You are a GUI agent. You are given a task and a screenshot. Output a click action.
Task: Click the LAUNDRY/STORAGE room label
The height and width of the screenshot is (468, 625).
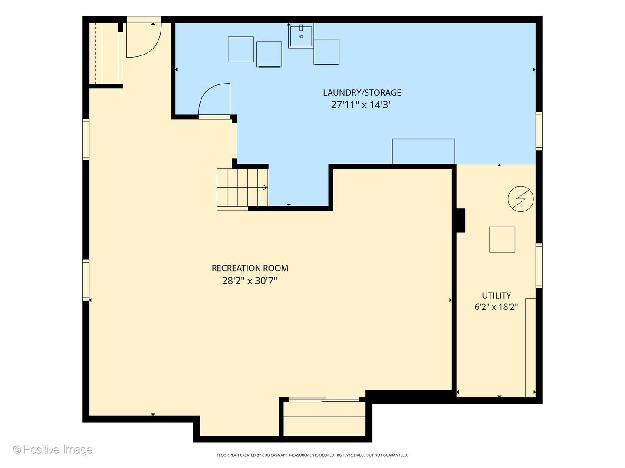pos(362,93)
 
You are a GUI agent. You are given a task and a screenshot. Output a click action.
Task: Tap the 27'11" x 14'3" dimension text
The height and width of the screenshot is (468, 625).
pos(362,105)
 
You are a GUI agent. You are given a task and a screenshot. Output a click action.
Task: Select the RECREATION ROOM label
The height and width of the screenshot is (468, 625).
pos(250,268)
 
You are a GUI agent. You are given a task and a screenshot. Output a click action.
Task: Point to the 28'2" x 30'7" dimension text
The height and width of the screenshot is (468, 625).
pos(250,281)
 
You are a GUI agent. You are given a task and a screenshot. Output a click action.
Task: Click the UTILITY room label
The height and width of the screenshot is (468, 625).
pos(496,296)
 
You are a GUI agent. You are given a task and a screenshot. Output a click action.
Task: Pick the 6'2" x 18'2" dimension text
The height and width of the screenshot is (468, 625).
pos(496,307)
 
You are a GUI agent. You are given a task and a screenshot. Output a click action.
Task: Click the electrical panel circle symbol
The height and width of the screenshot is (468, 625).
pos(520,199)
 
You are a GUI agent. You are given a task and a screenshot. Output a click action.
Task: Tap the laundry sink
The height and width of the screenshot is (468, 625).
pos(301,36)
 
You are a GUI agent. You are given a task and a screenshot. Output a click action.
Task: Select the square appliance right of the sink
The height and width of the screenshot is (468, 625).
pos(326,52)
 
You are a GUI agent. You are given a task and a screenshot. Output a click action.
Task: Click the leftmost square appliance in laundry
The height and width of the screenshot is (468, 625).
pos(240,49)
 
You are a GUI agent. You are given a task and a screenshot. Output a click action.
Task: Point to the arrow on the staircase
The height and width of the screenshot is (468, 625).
pos(265,187)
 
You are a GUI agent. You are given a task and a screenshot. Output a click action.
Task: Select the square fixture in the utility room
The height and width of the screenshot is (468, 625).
pos(502,239)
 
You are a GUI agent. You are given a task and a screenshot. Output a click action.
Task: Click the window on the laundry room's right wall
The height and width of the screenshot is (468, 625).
pos(539,131)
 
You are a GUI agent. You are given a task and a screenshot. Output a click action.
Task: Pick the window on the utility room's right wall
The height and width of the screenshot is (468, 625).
pos(539,265)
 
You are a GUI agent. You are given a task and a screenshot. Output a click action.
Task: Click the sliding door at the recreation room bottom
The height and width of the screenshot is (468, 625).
pos(324,400)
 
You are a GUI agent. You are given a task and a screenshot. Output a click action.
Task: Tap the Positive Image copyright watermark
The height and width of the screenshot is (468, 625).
pos(53,449)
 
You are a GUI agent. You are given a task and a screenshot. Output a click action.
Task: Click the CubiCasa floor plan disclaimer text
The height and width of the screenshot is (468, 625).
pos(312,455)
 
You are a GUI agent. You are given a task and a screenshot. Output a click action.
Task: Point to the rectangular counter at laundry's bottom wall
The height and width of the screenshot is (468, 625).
pos(424,152)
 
